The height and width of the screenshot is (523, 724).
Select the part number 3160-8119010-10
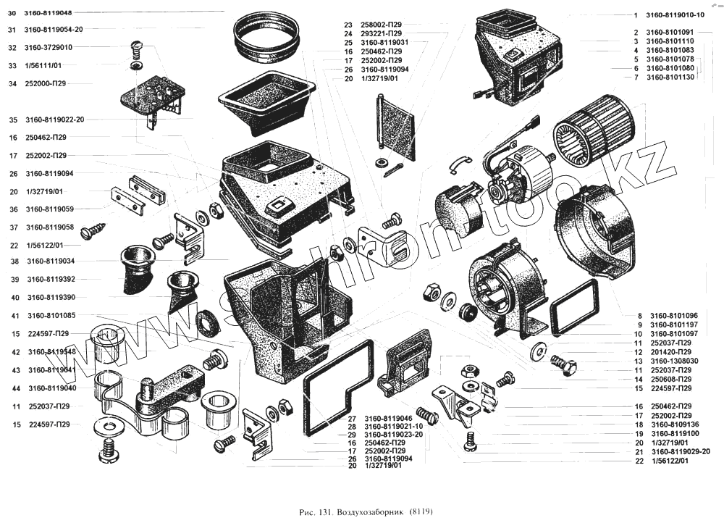pyautogui.click(x=675, y=15)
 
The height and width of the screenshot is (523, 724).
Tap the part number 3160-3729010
pyautogui.click(x=49, y=47)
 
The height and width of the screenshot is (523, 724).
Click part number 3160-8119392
pyautogui.click(x=51, y=279)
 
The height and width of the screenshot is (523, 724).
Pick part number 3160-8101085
pyautogui.click(x=51, y=315)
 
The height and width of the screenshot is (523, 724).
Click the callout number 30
pyautogui.click(x=12, y=12)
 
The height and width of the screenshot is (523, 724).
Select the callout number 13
pyautogui.click(x=639, y=361)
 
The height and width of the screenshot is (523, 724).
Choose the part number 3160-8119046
pyautogui.click(x=389, y=419)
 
